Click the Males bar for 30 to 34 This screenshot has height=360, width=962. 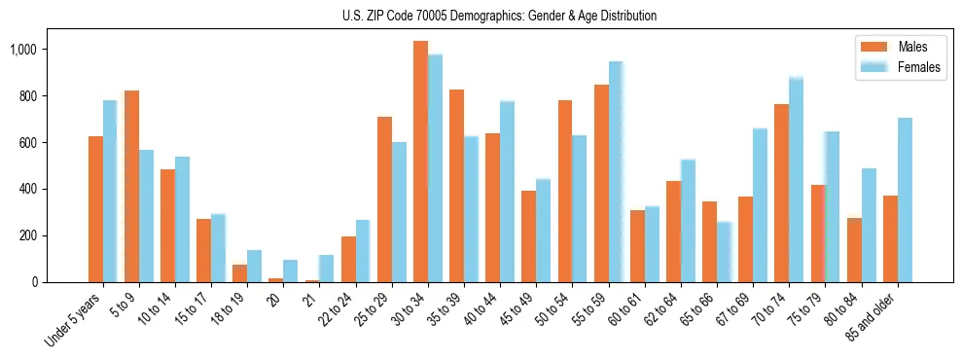420,162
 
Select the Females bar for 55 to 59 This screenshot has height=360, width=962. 616,172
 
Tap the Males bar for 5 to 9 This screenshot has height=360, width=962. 131,186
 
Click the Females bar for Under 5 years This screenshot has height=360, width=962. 110,191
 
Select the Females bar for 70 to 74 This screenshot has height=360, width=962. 796,180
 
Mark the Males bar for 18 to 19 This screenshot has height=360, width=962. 239,273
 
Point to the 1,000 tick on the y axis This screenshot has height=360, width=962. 42,50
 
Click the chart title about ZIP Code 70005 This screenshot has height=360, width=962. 499,16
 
